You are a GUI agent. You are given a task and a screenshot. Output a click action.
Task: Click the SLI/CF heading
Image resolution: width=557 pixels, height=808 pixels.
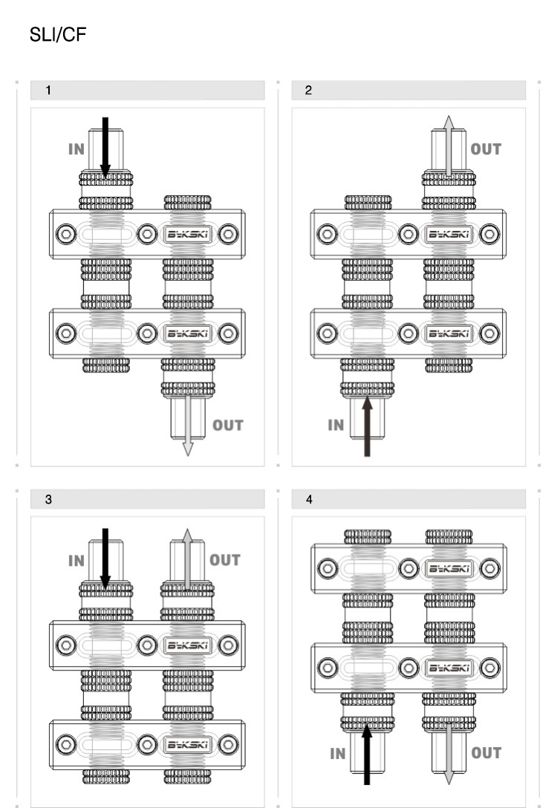(57, 35)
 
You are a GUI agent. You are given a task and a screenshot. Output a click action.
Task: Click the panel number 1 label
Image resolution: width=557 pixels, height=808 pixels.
(49, 91)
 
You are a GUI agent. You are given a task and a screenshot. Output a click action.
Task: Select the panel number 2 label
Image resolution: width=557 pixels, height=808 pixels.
(309, 91)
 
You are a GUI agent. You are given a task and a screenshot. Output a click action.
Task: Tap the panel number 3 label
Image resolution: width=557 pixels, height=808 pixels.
(49, 500)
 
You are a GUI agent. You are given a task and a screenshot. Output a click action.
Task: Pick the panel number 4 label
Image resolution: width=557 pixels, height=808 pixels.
(309, 500)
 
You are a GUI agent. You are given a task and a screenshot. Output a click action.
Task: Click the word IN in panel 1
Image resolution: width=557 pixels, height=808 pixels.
(76, 149)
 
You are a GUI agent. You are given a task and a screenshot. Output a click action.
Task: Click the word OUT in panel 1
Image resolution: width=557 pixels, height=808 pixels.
(227, 426)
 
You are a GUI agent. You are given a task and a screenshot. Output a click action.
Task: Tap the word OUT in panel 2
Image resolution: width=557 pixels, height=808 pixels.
(486, 149)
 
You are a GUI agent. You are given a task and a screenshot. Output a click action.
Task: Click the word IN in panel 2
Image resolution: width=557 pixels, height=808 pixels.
(336, 426)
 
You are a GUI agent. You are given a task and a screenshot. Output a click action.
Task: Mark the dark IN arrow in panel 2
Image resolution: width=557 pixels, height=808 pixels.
(367, 427)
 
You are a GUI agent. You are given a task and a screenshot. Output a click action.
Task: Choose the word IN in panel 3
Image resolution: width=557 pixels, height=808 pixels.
(76, 561)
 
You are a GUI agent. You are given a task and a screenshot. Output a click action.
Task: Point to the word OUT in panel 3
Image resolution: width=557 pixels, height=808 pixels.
(225, 560)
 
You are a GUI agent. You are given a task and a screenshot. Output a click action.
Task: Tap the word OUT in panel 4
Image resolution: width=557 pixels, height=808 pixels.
(486, 753)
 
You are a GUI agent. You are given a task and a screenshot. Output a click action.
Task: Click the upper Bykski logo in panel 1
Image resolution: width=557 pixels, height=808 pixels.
(187, 234)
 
